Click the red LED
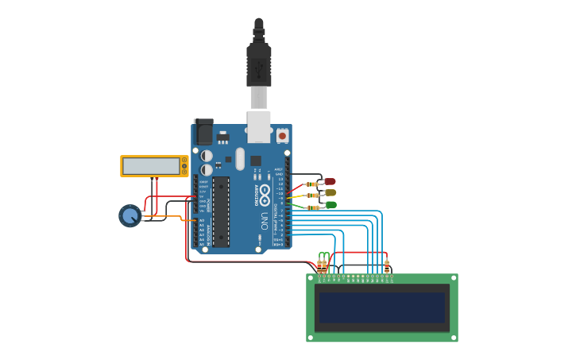click(330, 181)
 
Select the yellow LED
click(331, 192)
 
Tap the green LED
click(331, 205)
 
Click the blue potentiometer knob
click(130, 215)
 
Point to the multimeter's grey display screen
click(151, 166)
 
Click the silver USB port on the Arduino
click(259, 127)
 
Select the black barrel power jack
click(203, 132)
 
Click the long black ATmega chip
click(221, 211)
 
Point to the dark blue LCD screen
click(382, 308)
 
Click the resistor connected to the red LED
click(311, 184)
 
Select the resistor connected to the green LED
click(312, 207)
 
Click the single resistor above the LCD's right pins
click(387, 266)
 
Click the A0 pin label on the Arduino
click(202, 220)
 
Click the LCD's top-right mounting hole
click(453, 278)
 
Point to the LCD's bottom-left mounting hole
click(311, 338)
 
